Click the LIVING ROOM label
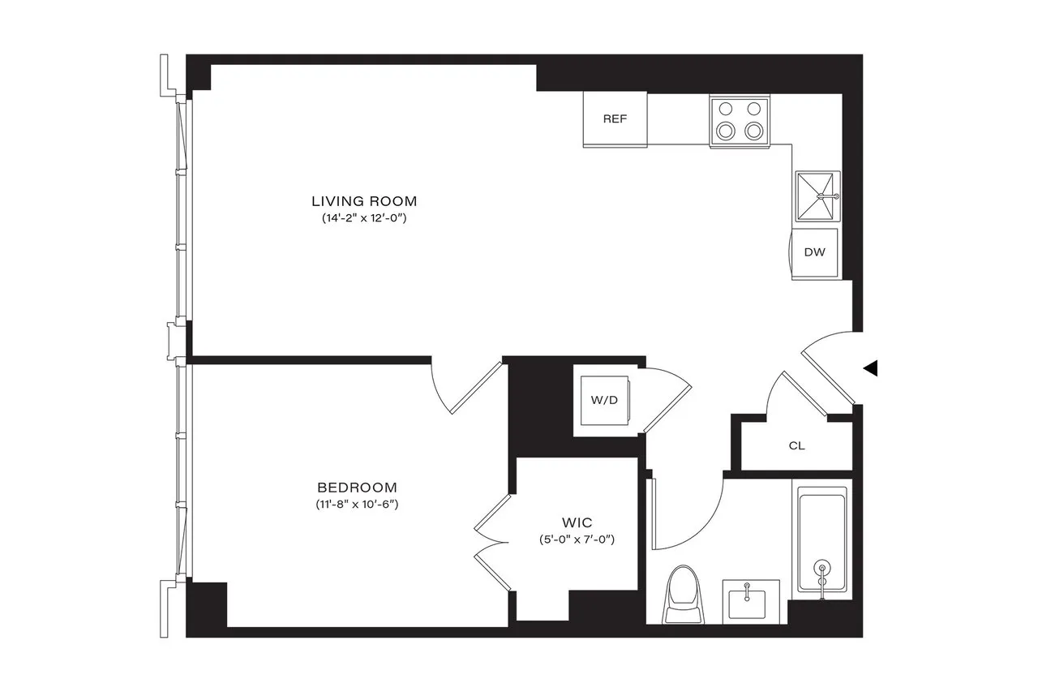point(364,201)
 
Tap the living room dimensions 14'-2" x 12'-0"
point(364,219)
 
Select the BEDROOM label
point(357,488)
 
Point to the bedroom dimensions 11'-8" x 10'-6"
point(357,505)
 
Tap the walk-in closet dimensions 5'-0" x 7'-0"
point(577,539)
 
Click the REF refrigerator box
point(615,119)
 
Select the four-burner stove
point(739,121)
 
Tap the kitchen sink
point(817,196)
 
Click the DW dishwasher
point(815,252)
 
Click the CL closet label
point(796,445)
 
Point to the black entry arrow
point(870,368)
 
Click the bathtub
point(822,539)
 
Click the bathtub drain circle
point(823,570)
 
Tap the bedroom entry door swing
point(466,389)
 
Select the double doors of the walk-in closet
point(491,539)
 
